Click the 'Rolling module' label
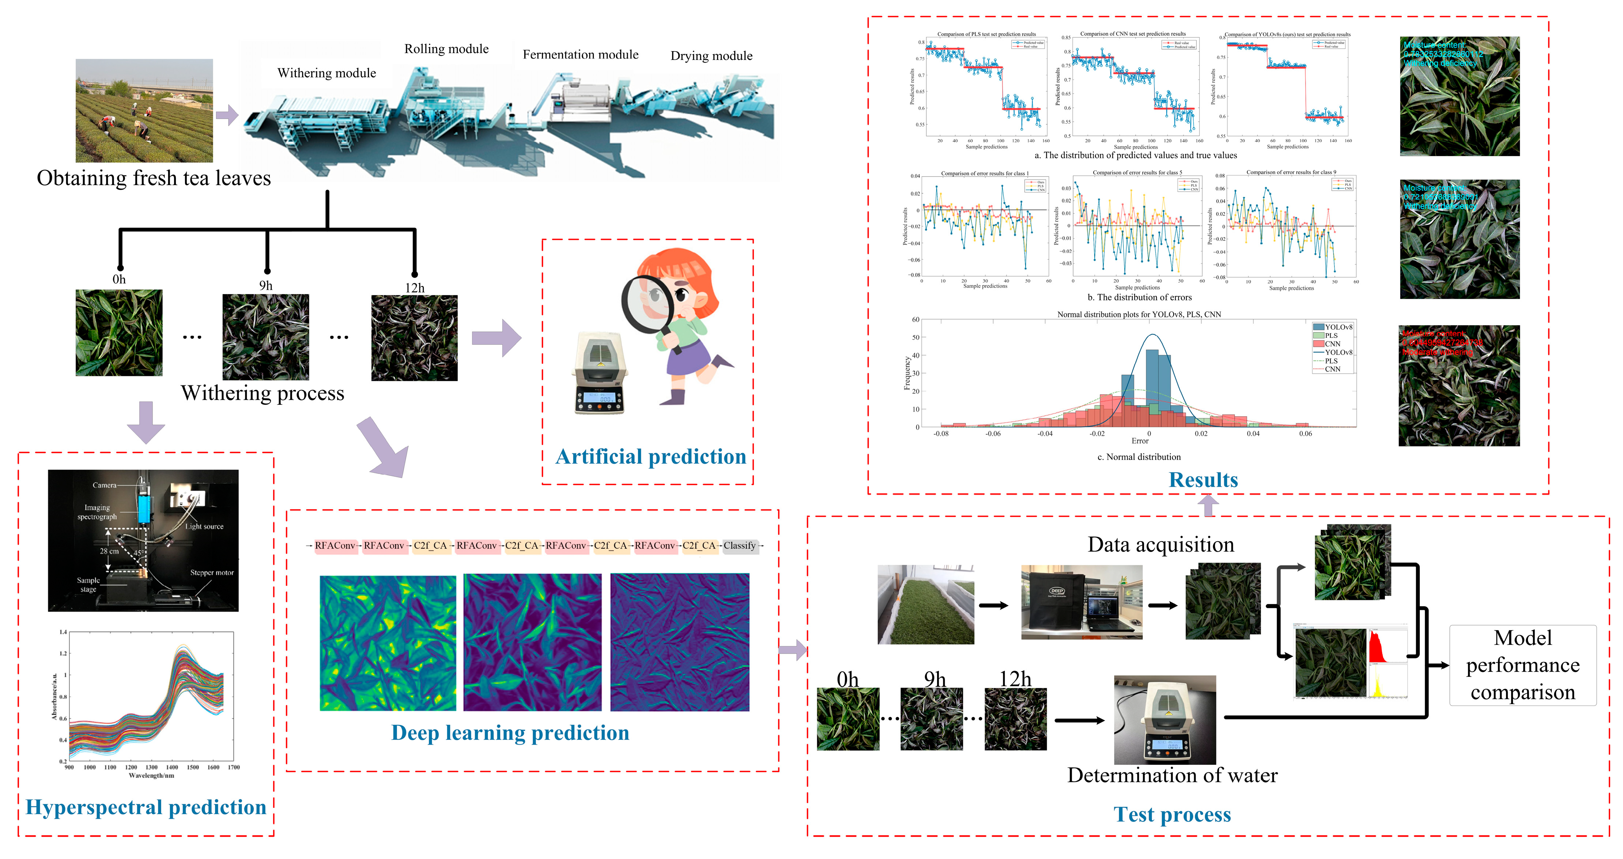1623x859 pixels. click(446, 49)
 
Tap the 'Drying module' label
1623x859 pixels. click(712, 56)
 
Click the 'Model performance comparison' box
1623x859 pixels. click(1522, 665)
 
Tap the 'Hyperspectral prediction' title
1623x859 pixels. click(146, 807)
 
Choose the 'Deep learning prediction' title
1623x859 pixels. click(510, 733)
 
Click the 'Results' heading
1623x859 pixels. click(1203, 480)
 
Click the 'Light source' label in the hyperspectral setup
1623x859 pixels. click(204, 527)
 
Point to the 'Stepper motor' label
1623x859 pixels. click(212, 573)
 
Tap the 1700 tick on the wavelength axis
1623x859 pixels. click(234, 767)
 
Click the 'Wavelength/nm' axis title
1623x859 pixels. click(151, 776)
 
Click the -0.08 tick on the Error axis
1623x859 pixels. click(941, 433)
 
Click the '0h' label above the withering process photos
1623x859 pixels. click(119, 280)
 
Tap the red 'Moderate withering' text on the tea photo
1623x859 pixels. click(1437, 352)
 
